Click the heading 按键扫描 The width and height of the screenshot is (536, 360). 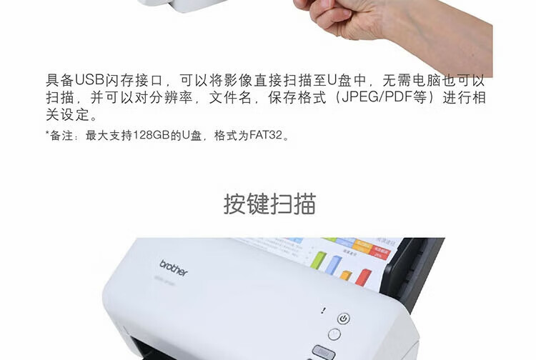click(269, 204)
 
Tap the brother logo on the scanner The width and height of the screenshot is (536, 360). click(173, 268)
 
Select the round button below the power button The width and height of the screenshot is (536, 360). click(334, 334)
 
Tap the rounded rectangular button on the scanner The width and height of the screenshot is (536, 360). click(323, 351)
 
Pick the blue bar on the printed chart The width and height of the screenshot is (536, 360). click(333, 265)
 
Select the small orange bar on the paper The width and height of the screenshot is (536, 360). click(346, 274)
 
